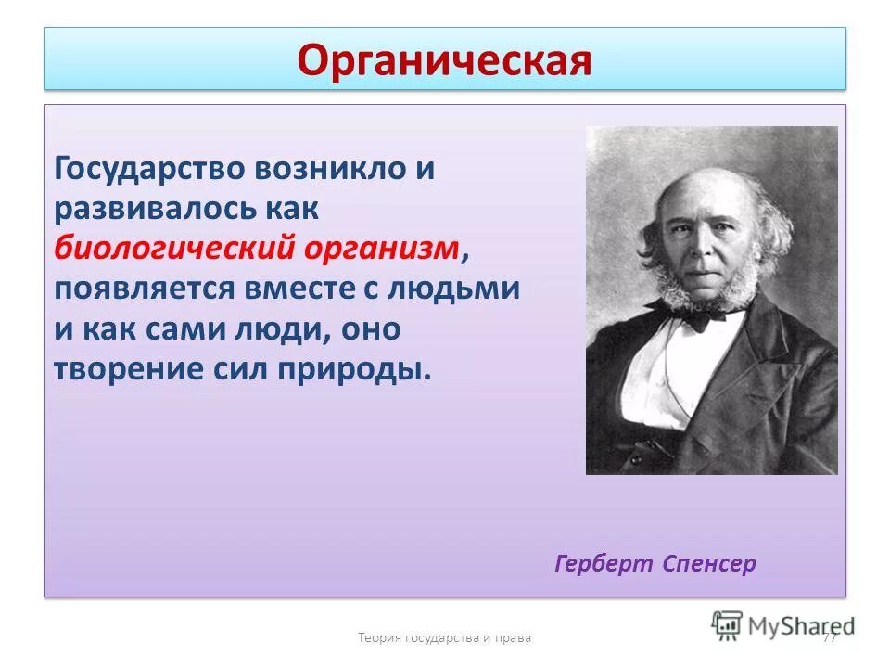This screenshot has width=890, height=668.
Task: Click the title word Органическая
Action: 444,60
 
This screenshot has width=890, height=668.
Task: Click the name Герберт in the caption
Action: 604,563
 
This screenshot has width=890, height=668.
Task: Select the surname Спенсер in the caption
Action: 709,563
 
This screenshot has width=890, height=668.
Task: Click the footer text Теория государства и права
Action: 444,637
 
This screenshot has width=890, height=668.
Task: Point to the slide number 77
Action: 829,637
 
